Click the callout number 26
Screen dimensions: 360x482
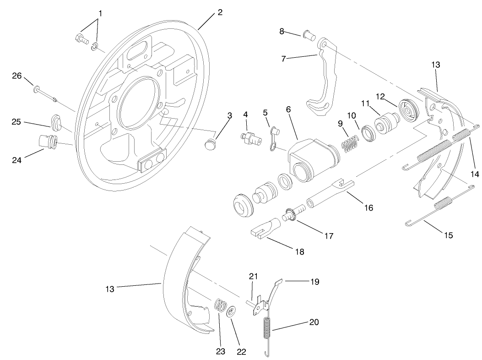click(16, 76)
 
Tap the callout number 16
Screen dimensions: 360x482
click(368, 207)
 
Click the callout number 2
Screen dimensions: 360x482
click(220, 12)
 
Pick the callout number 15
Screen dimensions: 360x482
click(448, 235)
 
